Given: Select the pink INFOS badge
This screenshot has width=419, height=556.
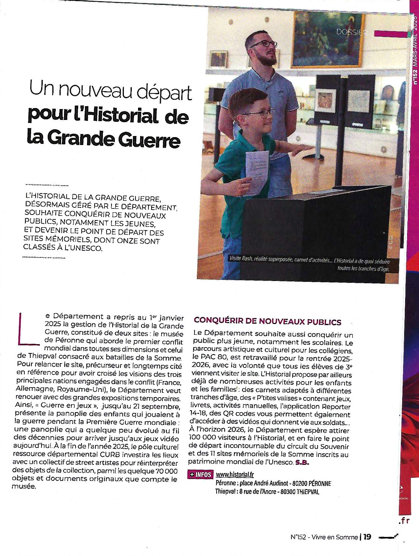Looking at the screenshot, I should pos(201,475).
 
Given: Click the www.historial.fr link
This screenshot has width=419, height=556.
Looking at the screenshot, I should pos(235,475).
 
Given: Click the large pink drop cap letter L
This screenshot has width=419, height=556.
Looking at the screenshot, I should pos(27,329).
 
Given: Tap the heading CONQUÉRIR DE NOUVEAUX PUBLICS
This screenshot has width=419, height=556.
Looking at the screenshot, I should pos(267,321).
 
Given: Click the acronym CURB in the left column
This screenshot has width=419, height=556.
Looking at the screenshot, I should pos(99,455).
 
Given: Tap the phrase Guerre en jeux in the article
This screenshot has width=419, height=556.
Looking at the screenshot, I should pos(66,406).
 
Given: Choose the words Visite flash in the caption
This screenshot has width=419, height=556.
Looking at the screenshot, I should pos(241,259).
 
